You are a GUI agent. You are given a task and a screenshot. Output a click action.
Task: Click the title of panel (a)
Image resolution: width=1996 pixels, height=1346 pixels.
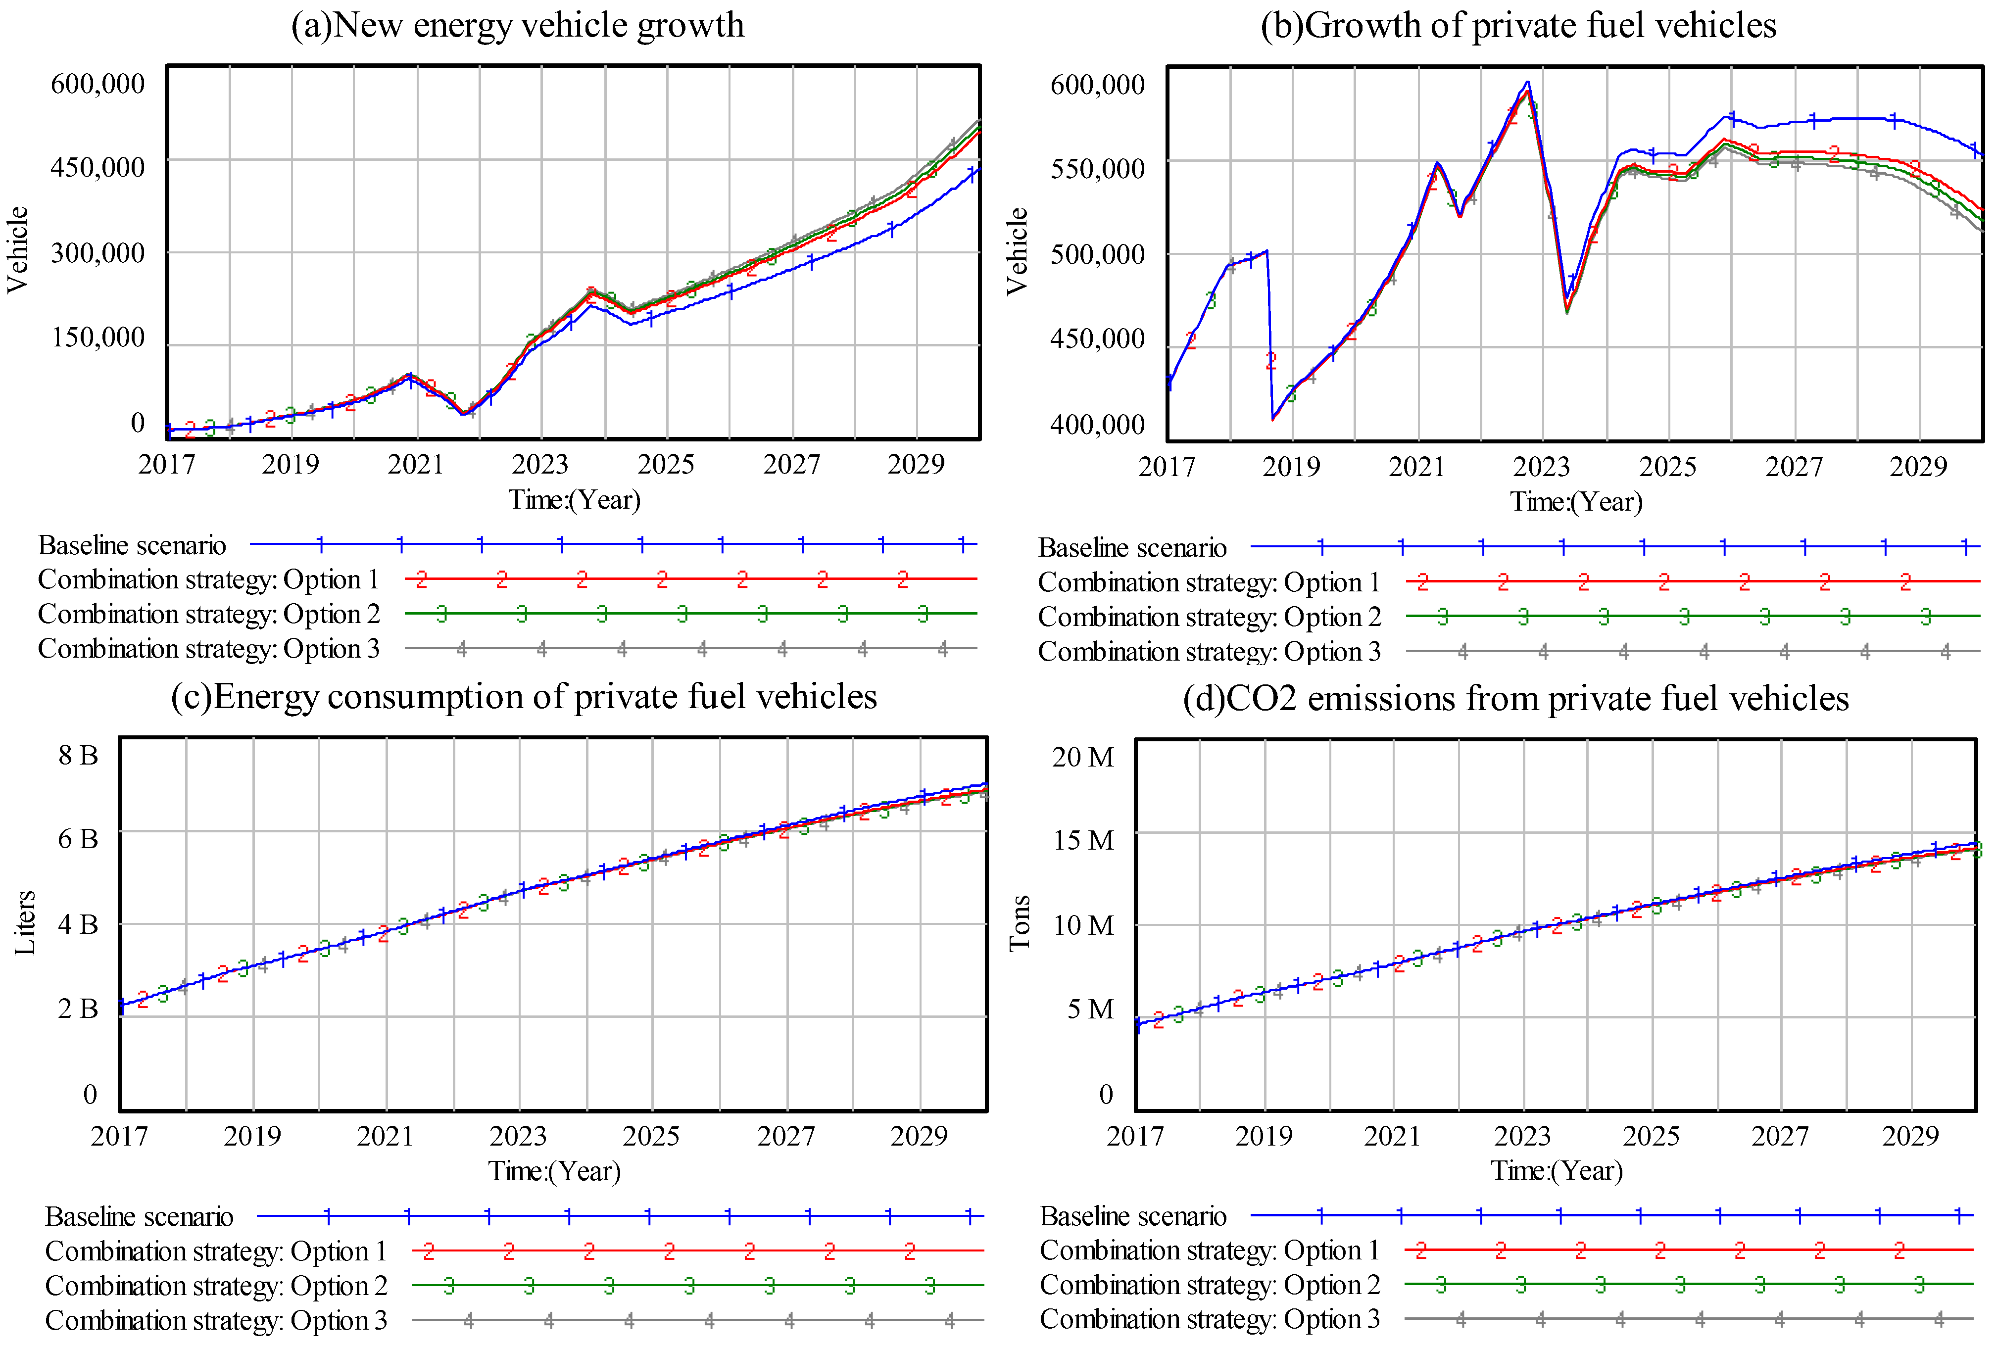[518, 25]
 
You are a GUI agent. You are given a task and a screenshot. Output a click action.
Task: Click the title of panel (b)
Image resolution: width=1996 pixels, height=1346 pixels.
[1518, 25]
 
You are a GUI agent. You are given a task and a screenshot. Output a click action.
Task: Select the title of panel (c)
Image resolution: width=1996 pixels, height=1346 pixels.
[524, 696]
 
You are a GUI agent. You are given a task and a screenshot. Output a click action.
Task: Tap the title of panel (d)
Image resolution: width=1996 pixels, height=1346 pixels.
[1515, 698]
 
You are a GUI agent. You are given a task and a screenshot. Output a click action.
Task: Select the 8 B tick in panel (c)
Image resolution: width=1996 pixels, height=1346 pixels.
[78, 756]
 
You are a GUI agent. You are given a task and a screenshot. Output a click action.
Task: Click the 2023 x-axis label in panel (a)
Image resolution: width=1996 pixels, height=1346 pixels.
[540, 464]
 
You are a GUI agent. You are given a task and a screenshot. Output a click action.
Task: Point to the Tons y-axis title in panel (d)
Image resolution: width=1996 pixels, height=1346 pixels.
[1019, 923]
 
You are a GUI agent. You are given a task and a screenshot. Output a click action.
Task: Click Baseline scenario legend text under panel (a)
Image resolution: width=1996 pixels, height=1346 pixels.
[132, 545]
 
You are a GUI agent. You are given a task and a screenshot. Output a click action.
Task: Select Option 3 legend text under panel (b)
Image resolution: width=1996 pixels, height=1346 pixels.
[1209, 652]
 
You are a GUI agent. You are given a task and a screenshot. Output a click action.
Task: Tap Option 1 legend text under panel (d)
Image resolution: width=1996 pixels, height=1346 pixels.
[1209, 1250]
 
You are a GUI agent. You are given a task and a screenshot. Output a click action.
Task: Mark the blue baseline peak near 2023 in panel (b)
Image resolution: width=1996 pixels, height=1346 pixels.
[1527, 83]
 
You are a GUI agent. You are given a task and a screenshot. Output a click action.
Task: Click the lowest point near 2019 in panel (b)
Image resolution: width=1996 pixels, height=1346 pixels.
[1272, 419]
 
